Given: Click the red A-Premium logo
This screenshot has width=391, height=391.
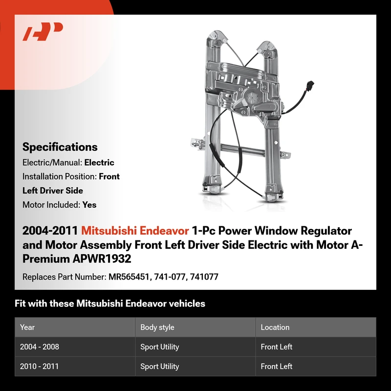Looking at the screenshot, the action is tap(43, 31).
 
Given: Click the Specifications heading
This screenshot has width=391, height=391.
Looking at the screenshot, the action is tap(60, 147).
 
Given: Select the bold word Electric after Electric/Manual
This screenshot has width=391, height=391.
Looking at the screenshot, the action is tap(99, 163).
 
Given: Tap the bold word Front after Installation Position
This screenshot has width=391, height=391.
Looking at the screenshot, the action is tap(109, 176).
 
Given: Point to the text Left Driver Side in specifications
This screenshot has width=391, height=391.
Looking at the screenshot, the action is tap(53, 191).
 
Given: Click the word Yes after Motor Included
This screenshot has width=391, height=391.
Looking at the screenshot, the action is tap(89, 205).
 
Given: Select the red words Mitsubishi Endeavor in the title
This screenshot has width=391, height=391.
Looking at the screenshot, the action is tap(135, 231).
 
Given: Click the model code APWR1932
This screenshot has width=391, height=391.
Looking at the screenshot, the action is tap(102, 259).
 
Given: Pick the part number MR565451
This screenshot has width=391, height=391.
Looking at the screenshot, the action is tap(129, 277).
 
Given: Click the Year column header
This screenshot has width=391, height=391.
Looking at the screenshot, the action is tap(27, 327).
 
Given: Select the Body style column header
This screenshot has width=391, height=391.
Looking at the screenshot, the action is tap(157, 327).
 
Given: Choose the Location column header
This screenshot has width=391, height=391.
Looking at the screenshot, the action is tap(275, 327).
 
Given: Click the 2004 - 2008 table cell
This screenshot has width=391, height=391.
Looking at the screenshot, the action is tap(40, 347).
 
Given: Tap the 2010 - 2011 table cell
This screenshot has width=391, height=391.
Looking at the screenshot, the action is tap(39, 366).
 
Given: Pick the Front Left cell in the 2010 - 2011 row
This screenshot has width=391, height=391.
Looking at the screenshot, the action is tap(276, 366).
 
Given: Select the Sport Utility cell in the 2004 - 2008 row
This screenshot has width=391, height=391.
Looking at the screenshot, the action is tap(160, 347).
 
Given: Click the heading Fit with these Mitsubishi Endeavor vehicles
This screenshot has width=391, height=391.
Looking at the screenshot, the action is tap(110, 304).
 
